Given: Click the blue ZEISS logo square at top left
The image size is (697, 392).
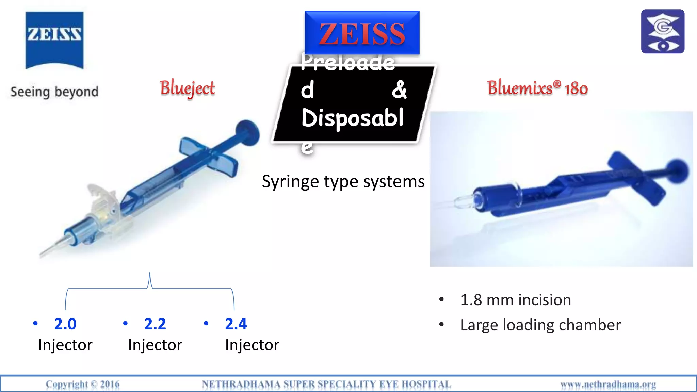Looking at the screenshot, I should (x=54, y=40).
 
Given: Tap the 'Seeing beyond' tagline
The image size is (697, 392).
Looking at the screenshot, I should (x=54, y=92).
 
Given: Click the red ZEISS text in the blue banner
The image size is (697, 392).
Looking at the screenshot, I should (x=362, y=34).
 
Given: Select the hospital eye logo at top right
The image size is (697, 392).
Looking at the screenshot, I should (x=663, y=31).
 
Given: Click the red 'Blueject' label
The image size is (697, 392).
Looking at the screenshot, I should (x=188, y=88).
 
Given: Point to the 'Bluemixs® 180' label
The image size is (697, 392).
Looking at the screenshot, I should (x=537, y=88).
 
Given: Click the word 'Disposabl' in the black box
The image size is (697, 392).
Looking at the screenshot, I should (x=352, y=118).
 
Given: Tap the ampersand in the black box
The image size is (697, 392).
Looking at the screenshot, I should (x=399, y=90).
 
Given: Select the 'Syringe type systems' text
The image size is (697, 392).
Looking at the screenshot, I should (x=343, y=181).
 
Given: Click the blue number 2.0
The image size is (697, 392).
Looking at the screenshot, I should (x=65, y=324).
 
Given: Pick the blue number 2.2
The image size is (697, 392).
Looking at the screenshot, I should (x=155, y=324).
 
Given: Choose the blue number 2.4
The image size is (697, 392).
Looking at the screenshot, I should (x=236, y=324).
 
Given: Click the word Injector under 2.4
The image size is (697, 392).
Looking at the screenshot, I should (x=252, y=345).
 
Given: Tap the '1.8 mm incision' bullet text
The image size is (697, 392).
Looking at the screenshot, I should (x=516, y=300).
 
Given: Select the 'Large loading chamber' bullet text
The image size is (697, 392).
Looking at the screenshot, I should (x=540, y=325).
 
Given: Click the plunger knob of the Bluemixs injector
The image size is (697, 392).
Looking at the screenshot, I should (x=677, y=170).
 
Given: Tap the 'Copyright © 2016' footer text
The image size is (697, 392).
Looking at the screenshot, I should (x=83, y=385).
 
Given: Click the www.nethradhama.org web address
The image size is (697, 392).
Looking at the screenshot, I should (x=608, y=385).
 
